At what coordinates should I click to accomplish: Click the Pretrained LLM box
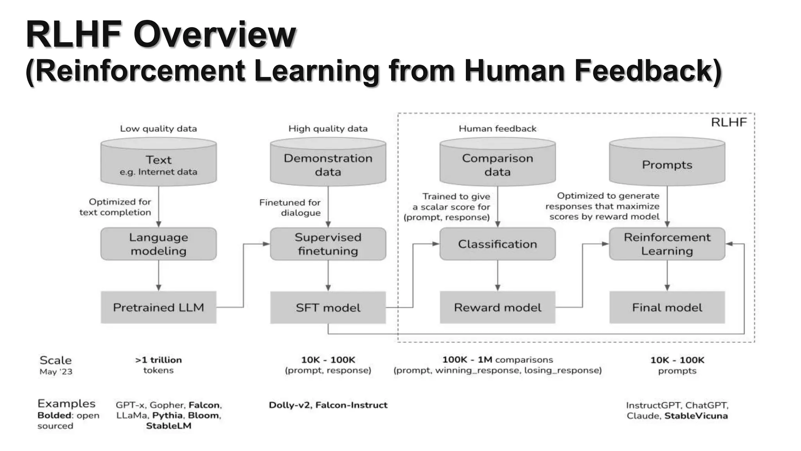click(158, 307)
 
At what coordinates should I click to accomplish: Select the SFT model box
click(328, 307)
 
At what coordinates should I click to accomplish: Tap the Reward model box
click(497, 307)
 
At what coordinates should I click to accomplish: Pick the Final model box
click(667, 307)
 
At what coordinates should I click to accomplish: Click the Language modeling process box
click(158, 244)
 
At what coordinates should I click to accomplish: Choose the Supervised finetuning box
click(328, 244)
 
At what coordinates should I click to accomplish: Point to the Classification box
click(497, 244)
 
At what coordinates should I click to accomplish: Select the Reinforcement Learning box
click(667, 244)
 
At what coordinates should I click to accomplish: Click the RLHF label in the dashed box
click(729, 122)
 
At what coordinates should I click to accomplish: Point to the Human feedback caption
click(497, 128)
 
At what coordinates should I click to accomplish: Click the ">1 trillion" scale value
click(158, 360)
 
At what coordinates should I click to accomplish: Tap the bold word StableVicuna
click(696, 416)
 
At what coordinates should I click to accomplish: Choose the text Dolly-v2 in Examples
click(290, 405)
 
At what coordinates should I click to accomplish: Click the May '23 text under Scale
click(56, 372)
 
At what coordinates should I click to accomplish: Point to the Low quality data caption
click(158, 128)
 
